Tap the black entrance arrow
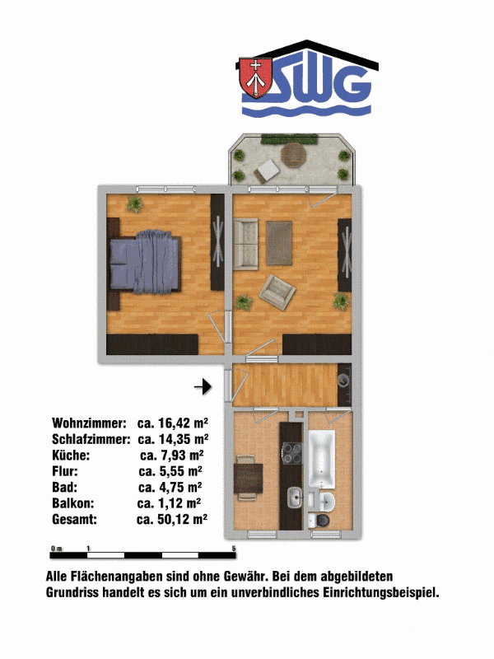pyautogui.click(x=203, y=386)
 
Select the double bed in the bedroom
pyautogui.click(x=146, y=261)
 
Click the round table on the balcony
pyautogui.click(x=294, y=155)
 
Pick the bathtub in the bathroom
pyautogui.click(x=322, y=460)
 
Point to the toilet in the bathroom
pyautogui.click(x=320, y=520)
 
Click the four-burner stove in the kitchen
pyautogui.click(x=291, y=454)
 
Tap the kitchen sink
pyautogui.click(x=295, y=498)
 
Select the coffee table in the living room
pyautogui.click(x=279, y=243)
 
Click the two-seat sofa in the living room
pyautogui.click(x=245, y=244)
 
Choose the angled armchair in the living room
pyautogui.click(x=277, y=292)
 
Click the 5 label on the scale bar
pyautogui.click(x=234, y=549)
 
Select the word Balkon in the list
pyautogui.click(x=73, y=503)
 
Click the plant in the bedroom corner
pyautogui.click(x=135, y=204)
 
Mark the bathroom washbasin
pyautogui.click(x=326, y=501)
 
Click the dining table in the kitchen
pyautogui.click(x=249, y=478)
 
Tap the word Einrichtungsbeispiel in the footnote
pyautogui.click(x=380, y=593)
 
